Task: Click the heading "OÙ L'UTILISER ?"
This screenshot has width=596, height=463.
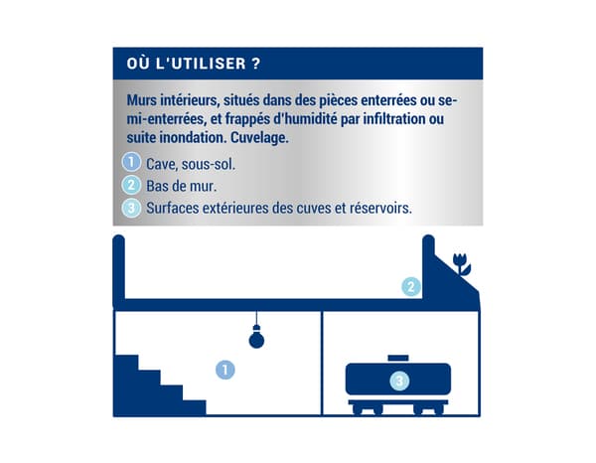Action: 195,65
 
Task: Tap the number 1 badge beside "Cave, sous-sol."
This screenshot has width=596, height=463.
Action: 130,162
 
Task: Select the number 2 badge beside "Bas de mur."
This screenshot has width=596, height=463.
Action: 130,185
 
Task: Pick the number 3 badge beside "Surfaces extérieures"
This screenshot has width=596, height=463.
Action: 130,208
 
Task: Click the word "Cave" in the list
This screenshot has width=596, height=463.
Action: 162,162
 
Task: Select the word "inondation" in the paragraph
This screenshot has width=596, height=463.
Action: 193,138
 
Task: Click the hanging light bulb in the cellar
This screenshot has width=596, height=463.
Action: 257,338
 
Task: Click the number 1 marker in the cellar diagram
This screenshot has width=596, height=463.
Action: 226,370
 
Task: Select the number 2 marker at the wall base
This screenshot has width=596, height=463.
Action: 411,287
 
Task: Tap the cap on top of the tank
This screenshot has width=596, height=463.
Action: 397,358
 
